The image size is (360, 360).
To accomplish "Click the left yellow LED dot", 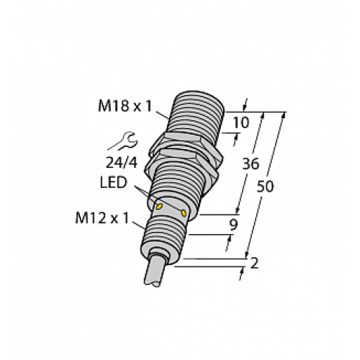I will tap(158, 206).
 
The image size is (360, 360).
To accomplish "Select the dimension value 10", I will tap(242, 122).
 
